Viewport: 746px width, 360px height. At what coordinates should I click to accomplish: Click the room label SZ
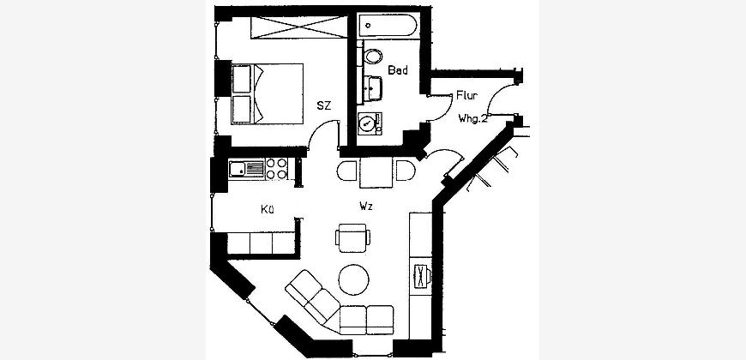tap(323, 105)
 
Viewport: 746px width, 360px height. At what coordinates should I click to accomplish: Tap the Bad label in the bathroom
tap(398, 70)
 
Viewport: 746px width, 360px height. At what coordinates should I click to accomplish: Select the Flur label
tap(466, 97)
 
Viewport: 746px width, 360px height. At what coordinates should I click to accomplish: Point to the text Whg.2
tap(472, 118)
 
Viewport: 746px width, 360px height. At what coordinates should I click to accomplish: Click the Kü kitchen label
tap(268, 208)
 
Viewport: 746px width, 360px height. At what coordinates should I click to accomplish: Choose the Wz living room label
tap(366, 207)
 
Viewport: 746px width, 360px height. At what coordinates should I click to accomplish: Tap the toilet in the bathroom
tap(373, 57)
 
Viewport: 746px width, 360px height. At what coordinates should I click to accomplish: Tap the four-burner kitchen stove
tap(277, 168)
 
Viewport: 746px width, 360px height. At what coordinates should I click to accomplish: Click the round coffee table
tap(355, 278)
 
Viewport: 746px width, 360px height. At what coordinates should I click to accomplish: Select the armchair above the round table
tap(354, 238)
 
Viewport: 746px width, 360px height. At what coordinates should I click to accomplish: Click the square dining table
tap(376, 174)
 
